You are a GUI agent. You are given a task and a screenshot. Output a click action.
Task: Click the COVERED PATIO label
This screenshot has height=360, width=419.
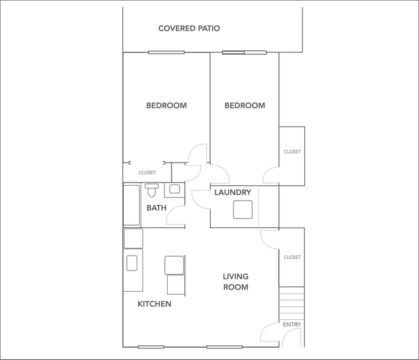tap(190, 28)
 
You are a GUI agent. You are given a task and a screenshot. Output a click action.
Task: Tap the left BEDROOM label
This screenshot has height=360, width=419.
tap(166, 106)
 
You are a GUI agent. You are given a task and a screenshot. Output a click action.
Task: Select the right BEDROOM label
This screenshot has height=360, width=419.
tap(244, 106)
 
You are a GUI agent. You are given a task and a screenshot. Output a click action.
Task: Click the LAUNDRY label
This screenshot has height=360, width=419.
tap(233, 192)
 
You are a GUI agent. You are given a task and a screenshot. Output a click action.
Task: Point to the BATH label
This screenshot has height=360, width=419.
tap(157, 208)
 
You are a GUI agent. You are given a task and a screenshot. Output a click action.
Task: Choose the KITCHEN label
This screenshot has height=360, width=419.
tap(155, 304)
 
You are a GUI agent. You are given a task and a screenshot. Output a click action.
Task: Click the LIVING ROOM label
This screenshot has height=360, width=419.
tap(236, 282)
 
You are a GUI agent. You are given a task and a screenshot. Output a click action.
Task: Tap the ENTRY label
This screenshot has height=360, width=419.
tap(291, 325)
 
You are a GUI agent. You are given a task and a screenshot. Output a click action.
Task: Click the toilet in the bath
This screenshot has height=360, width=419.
tap(152, 190)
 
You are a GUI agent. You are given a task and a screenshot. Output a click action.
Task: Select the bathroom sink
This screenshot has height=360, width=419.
tap(175, 190)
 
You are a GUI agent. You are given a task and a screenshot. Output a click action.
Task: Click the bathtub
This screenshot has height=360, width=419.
tap(132, 205)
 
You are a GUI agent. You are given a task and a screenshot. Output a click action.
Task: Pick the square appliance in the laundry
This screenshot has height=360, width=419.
tap(243, 210)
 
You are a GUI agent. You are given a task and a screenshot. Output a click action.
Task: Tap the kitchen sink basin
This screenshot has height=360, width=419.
tap(132, 263)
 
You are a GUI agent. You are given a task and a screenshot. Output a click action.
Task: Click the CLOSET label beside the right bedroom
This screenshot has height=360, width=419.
tap(292, 152)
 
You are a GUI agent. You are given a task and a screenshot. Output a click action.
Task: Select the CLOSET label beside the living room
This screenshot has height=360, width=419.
tap(292, 257)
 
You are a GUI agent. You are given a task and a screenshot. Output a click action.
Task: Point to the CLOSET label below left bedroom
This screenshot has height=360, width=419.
tap(148, 173)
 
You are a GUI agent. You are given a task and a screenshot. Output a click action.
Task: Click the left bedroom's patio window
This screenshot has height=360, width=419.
tap(166, 52)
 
